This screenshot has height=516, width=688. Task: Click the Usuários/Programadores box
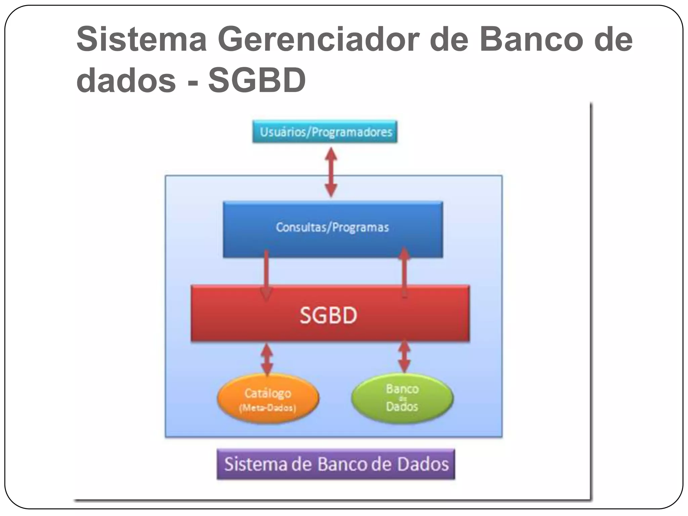(325, 132)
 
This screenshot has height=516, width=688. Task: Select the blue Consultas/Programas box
(333, 229)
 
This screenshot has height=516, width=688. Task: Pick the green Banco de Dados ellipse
(402, 398)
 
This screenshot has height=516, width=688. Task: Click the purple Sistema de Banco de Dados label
(336, 464)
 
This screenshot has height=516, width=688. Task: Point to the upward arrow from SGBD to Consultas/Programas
(404, 272)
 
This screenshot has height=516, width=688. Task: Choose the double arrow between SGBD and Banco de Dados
(404, 357)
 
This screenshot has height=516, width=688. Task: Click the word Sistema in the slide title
(141, 40)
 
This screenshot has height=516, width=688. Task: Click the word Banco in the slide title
(531, 40)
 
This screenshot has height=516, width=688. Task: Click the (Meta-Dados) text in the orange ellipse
(267, 408)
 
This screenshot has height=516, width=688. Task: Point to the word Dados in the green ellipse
(402, 407)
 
